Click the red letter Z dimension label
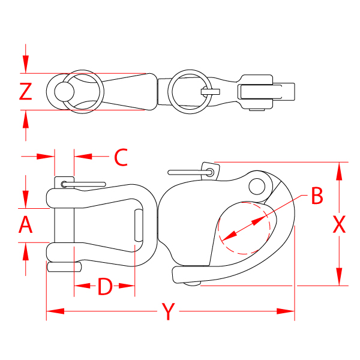tap(25, 91)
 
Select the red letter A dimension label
tap(25, 225)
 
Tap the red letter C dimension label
tap(121, 157)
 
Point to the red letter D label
tap(105, 287)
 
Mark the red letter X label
tap(339, 225)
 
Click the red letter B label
tap(317, 196)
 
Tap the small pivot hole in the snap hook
tap(258, 185)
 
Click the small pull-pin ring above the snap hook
tap(209, 173)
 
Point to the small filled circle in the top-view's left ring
tap(63, 91)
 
